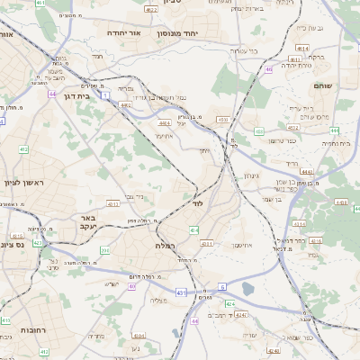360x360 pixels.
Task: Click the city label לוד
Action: click(199, 206)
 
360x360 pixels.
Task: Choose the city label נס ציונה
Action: click(13, 244)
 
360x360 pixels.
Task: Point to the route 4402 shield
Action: click(125, 105)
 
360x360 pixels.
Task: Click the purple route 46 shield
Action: click(268, 68)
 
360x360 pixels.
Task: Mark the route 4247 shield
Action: click(273, 351)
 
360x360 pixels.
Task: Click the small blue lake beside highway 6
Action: click(247, 290)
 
